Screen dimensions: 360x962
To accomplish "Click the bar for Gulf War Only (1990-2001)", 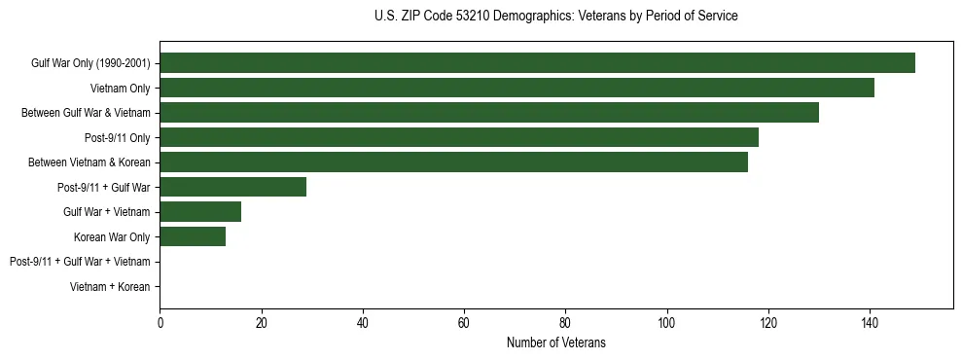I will (x=537, y=63).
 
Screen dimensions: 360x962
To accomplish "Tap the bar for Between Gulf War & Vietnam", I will (x=489, y=113).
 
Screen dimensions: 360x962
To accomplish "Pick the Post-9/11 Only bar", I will (x=459, y=137).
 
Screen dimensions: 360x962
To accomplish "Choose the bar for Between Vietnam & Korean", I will (x=453, y=162).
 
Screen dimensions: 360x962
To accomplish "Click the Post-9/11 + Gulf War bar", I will (x=233, y=187).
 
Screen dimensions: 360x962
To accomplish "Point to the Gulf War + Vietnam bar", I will (x=200, y=211).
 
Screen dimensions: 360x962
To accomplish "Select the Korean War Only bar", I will (x=193, y=236).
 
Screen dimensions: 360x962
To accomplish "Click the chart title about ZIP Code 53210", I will (x=555, y=17).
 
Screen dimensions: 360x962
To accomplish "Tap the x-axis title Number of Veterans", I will (x=555, y=342).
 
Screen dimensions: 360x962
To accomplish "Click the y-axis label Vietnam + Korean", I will (x=110, y=287).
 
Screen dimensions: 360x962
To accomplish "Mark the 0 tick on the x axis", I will (x=160, y=324).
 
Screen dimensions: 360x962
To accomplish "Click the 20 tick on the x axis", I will (x=261, y=324).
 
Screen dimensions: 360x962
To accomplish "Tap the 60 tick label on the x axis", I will (x=464, y=324).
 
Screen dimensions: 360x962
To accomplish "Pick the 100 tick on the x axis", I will (x=666, y=324).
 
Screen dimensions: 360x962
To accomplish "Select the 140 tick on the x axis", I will (x=869, y=324).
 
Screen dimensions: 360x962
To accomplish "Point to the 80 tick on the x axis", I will (x=565, y=324).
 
